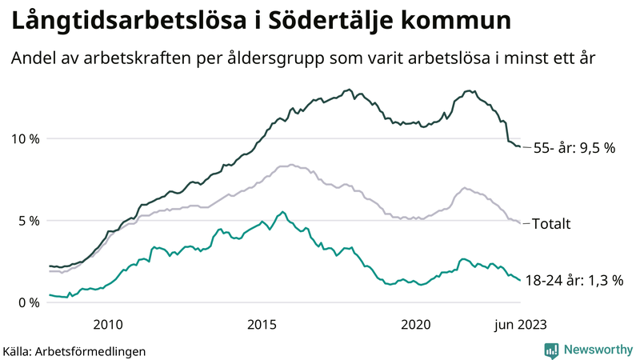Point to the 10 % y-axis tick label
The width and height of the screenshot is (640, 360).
[24, 139]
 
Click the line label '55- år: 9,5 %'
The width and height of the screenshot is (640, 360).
[574, 148]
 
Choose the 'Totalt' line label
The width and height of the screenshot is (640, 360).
[551, 224]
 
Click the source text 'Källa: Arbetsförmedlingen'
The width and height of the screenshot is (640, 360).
[74, 350]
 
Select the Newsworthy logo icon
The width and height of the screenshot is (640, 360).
[551, 350]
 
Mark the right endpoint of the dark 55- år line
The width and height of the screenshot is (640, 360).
[520, 146]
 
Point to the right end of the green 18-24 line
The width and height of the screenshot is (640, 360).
[520, 280]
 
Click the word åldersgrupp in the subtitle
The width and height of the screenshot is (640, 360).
[302, 58]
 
